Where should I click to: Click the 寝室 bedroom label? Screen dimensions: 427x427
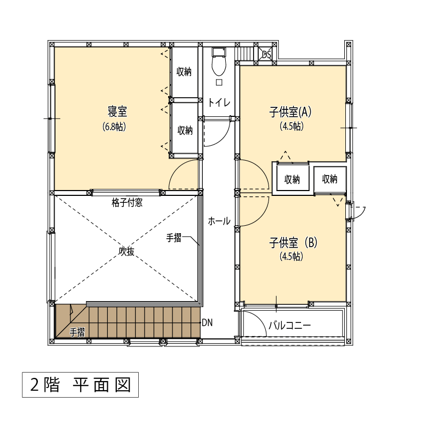coord(117,112)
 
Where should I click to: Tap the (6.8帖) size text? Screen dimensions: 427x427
coord(114,126)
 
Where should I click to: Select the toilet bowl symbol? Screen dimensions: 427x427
coord(219,62)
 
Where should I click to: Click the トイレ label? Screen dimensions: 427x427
coord(219,102)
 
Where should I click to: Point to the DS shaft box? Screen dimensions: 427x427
coord(266,54)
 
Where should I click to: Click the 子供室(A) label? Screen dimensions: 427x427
coord(290,112)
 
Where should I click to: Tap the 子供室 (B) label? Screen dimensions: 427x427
coord(293,242)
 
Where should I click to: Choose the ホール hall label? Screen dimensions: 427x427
coord(219,221)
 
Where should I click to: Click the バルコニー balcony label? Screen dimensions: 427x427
coord(290,326)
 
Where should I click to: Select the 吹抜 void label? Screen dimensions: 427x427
coord(126,251)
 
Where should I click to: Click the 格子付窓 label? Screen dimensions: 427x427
coord(127,202)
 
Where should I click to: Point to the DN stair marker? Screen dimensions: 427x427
coord(207,323)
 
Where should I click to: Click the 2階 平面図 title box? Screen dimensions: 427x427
coord(81,385)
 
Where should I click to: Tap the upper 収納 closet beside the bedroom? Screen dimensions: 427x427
coord(184,72)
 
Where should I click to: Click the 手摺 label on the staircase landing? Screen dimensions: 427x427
coord(77,332)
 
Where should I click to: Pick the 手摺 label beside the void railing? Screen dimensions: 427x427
coord(174,238)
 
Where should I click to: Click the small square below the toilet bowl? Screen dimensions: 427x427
coord(219,82)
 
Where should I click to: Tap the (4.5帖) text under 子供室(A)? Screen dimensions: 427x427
coord(291,126)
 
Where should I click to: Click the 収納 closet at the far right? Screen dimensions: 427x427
coord(330,179)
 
